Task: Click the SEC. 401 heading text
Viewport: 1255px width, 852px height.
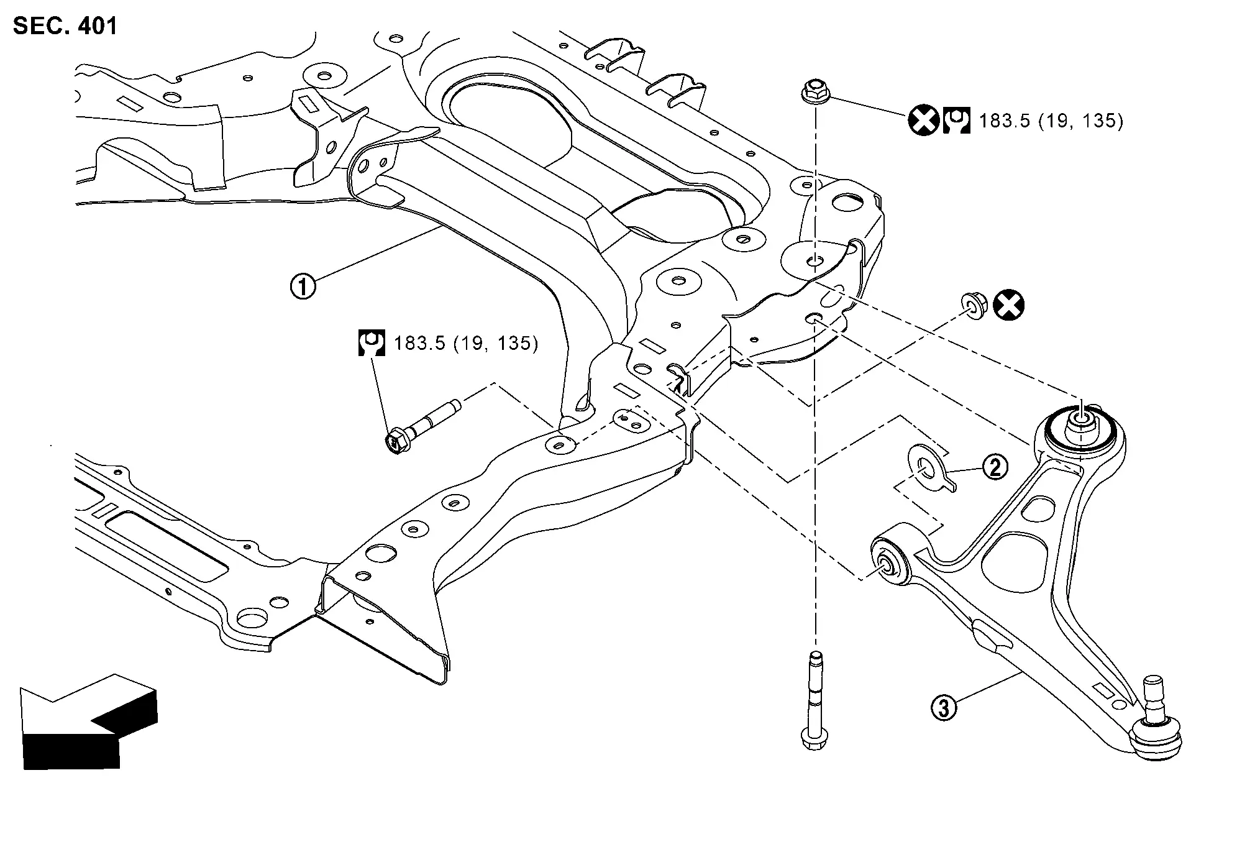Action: click(65, 26)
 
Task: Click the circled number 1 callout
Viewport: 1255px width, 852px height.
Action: click(303, 287)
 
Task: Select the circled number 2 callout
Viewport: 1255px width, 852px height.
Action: click(995, 467)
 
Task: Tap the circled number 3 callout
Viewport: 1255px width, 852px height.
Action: click(943, 708)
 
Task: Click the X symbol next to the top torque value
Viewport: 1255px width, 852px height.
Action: click(923, 121)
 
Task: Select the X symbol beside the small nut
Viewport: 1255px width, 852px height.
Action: click(1008, 306)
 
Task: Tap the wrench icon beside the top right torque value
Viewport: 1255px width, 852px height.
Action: click(956, 121)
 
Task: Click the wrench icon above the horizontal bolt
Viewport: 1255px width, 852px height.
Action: click(372, 343)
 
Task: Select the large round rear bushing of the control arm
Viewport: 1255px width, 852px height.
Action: click(1080, 429)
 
